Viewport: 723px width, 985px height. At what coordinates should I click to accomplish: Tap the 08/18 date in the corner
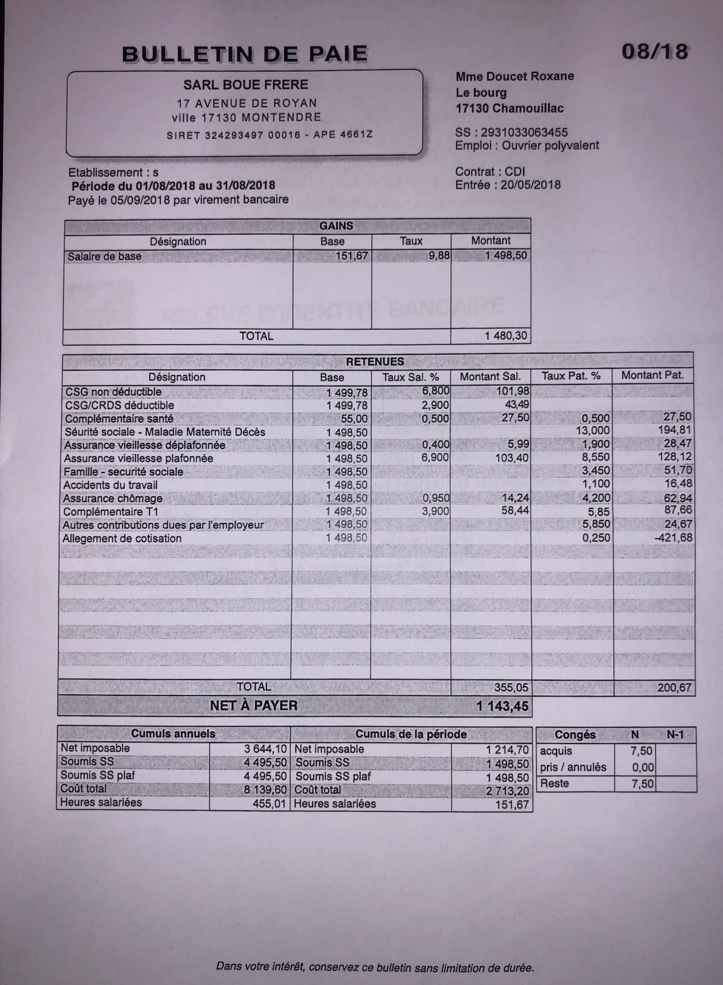coord(654,52)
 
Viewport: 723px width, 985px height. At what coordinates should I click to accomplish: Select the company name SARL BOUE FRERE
coord(245,84)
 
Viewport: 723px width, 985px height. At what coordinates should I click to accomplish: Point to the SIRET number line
coord(270,135)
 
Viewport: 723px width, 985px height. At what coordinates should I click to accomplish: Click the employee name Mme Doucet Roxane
coord(514,77)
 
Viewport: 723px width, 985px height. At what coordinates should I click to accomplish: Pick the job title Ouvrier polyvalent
coord(550,145)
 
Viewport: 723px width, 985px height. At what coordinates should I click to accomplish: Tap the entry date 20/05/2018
coord(531,185)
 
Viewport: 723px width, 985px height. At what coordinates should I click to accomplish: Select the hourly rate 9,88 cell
coord(439,256)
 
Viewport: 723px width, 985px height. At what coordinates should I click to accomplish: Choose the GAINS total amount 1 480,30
coord(506,336)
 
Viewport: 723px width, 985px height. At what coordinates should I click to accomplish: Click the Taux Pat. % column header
coord(571,376)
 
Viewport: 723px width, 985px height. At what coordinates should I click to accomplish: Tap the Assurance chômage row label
coord(113,499)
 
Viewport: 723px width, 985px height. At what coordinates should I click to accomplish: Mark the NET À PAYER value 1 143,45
coord(503,706)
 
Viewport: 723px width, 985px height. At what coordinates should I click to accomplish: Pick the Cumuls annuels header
coord(173,734)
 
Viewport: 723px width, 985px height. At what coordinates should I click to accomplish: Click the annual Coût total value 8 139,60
coord(265,790)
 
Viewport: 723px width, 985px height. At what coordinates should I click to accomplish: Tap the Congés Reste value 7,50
coord(642,784)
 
